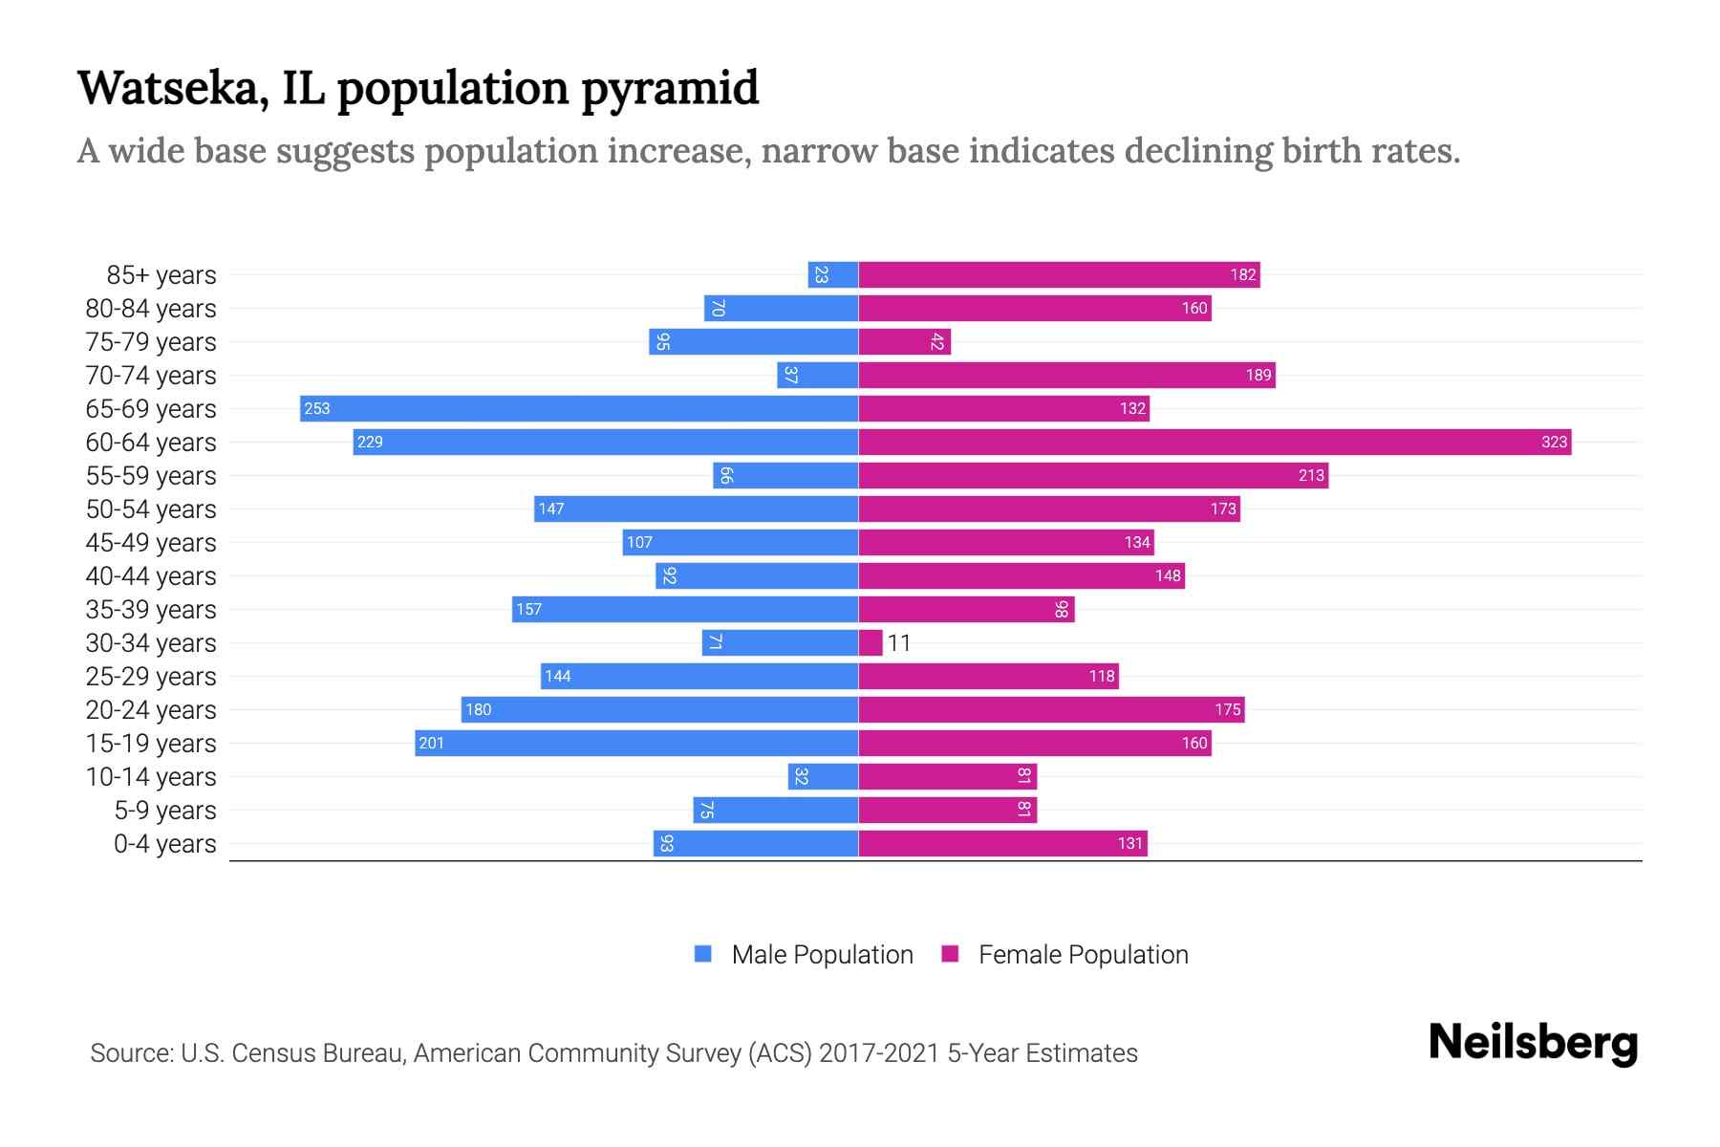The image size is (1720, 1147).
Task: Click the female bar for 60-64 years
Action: tap(1214, 442)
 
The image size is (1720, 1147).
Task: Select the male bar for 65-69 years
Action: tap(578, 408)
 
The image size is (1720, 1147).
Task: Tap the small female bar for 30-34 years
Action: tap(871, 642)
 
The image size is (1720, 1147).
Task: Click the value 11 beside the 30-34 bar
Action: tap(899, 643)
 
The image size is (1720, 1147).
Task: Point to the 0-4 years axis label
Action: tap(164, 844)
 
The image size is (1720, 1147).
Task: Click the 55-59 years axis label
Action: tap(151, 476)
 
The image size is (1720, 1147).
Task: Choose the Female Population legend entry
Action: tap(1065, 954)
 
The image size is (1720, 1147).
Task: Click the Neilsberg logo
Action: tap(1533, 1043)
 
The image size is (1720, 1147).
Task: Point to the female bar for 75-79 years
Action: tap(904, 341)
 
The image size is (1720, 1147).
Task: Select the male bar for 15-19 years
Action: tap(636, 743)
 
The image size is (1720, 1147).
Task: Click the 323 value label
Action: tap(1554, 442)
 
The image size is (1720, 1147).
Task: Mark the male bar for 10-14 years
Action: tap(823, 776)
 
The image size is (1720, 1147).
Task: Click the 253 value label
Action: tap(316, 408)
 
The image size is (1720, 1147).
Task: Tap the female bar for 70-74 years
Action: tap(1066, 375)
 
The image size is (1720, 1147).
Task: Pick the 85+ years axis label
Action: tap(161, 275)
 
